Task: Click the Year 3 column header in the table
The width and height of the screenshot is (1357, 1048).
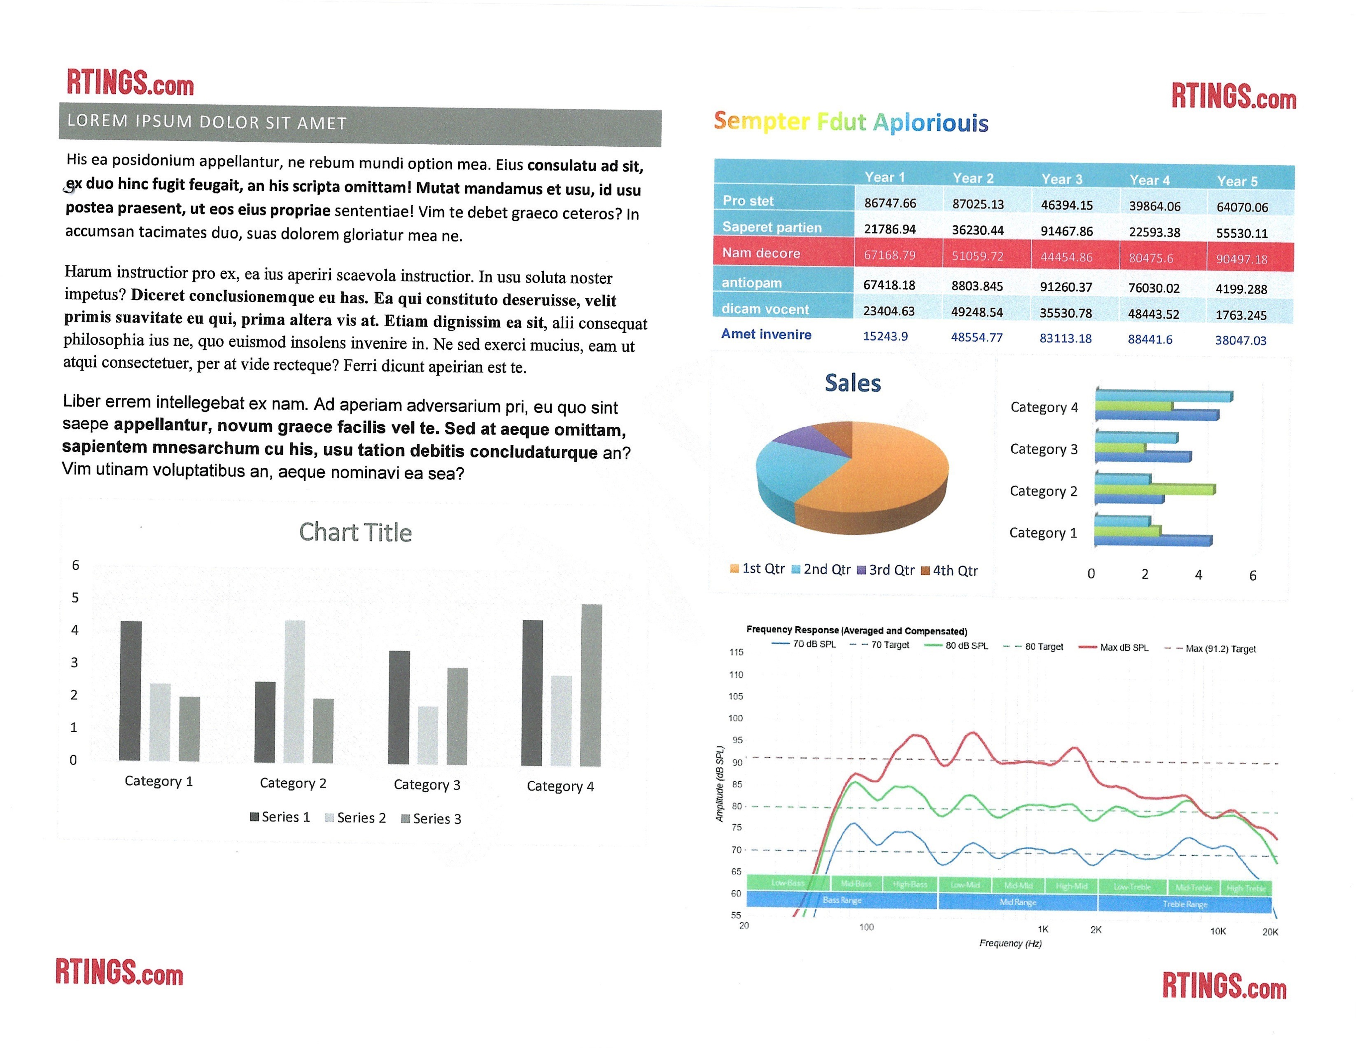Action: (x=1062, y=179)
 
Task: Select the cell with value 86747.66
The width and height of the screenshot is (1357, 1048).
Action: (x=890, y=203)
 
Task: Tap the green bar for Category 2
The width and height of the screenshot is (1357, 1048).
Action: (x=1155, y=490)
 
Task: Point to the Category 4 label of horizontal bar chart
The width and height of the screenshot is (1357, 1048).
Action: (x=1044, y=407)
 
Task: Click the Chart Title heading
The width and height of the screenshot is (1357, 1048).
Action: (x=356, y=532)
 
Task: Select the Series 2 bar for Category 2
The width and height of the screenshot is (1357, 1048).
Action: (x=294, y=691)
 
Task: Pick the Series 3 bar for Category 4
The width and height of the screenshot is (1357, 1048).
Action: (x=591, y=685)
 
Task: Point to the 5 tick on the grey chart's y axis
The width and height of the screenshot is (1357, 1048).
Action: (x=75, y=597)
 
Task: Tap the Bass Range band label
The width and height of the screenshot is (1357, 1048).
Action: (x=842, y=900)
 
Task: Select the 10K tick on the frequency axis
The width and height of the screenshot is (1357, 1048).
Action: (x=1218, y=931)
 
